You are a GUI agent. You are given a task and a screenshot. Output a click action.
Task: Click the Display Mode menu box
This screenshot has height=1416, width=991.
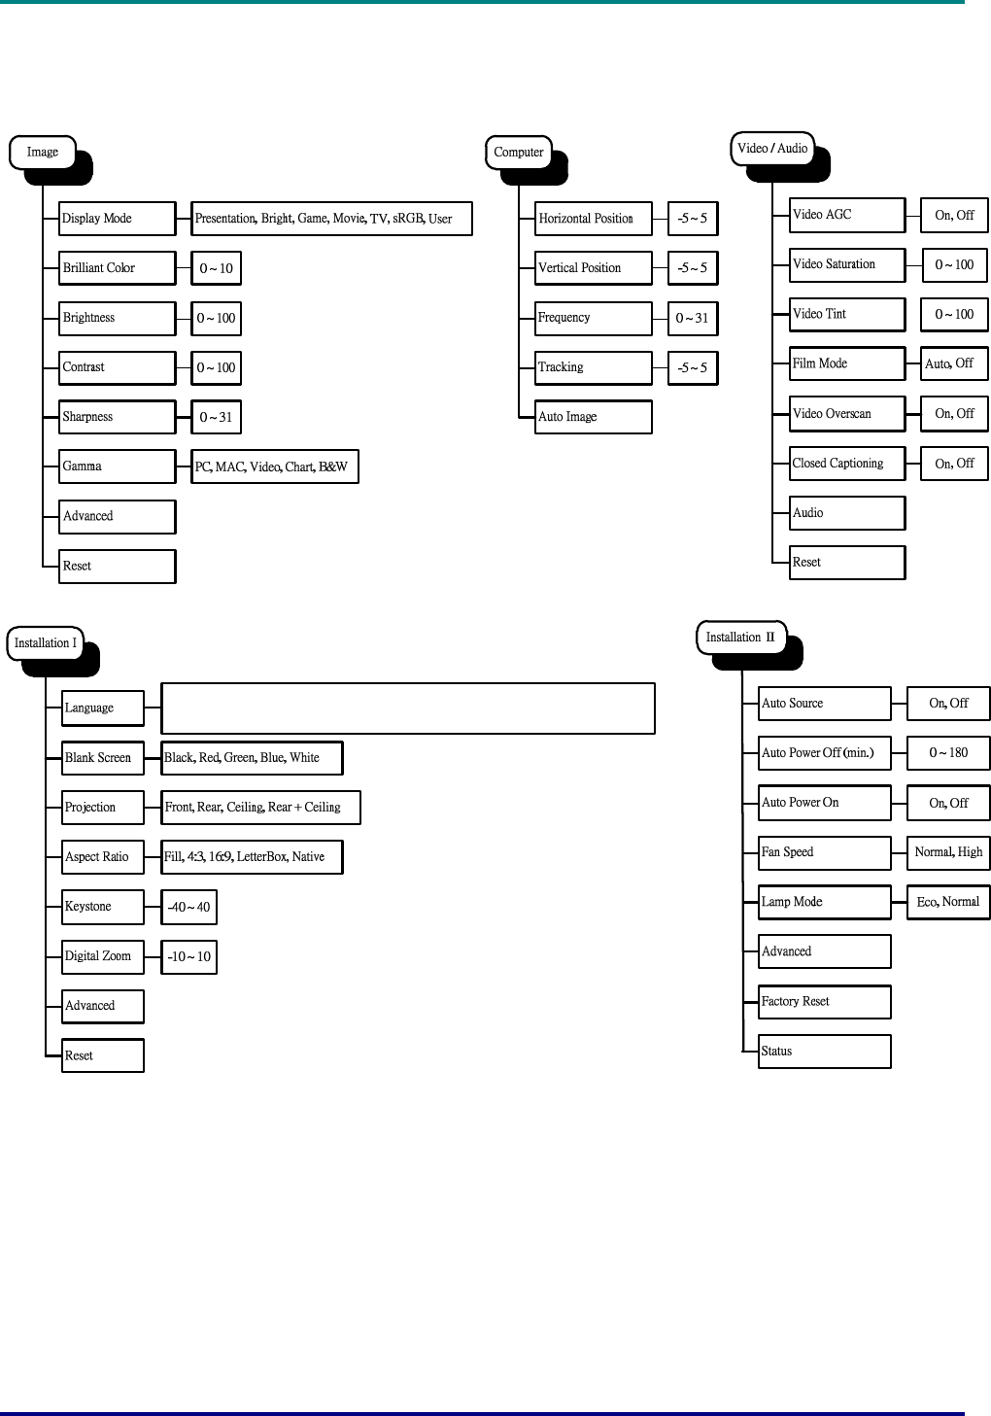coord(117,219)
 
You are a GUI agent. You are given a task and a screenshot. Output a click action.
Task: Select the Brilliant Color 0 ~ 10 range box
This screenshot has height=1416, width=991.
coord(216,268)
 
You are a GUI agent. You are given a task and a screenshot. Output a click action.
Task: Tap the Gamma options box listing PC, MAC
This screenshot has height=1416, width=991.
coord(275,466)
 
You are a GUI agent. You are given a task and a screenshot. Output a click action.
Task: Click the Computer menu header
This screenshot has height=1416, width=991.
coord(518,153)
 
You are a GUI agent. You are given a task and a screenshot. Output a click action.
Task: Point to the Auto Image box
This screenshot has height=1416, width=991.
coord(593,417)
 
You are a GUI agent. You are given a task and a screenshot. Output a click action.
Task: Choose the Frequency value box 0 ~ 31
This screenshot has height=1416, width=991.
coord(692,318)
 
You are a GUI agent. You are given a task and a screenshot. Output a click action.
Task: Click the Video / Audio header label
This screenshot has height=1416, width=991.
coord(772,149)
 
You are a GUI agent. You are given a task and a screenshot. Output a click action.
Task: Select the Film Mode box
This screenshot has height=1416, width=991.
coord(847,363)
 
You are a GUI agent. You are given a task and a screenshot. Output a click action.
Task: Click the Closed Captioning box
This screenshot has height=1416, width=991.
coord(847,464)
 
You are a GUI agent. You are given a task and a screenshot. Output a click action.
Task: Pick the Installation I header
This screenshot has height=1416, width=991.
coord(45,643)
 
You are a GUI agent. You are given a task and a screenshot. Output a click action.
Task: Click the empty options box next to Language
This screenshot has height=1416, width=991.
coord(408,708)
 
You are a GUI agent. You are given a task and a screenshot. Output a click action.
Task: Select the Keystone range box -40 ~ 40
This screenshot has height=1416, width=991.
coord(188,907)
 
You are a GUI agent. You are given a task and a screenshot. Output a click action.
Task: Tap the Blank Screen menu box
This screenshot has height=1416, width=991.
coord(103,758)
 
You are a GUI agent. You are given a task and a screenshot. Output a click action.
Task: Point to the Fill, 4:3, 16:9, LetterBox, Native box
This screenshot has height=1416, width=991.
coord(253,857)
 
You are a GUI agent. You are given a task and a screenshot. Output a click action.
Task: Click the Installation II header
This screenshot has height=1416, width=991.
coord(740,638)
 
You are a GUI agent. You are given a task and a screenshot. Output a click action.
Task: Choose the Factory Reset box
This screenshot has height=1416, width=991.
coord(824,1001)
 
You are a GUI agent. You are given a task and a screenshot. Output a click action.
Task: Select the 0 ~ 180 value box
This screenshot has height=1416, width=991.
coord(947,753)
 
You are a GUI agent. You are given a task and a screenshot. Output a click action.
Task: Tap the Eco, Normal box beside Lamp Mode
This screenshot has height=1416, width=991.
coord(947,902)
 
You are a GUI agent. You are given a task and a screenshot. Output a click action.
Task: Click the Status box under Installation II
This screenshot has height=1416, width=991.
coord(824,1051)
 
